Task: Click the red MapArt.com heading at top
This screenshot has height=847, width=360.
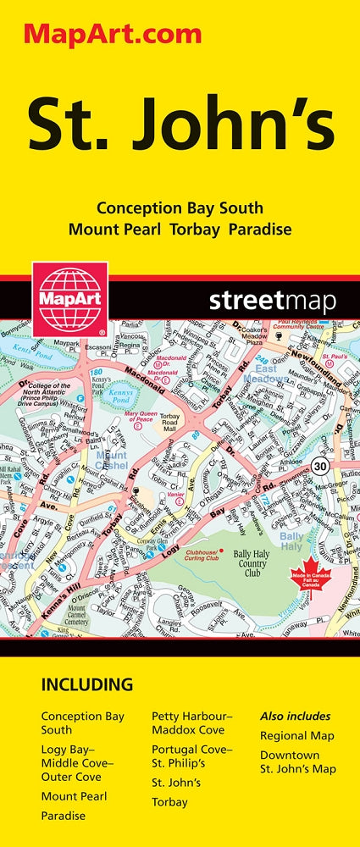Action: (x=114, y=34)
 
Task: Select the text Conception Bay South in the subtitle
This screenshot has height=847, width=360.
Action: (x=180, y=208)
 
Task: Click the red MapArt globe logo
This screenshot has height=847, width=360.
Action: (x=69, y=298)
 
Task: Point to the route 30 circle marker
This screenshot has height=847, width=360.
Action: (x=318, y=466)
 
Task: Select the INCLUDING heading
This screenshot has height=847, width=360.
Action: (x=86, y=684)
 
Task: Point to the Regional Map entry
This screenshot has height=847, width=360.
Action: (x=297, y=735)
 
